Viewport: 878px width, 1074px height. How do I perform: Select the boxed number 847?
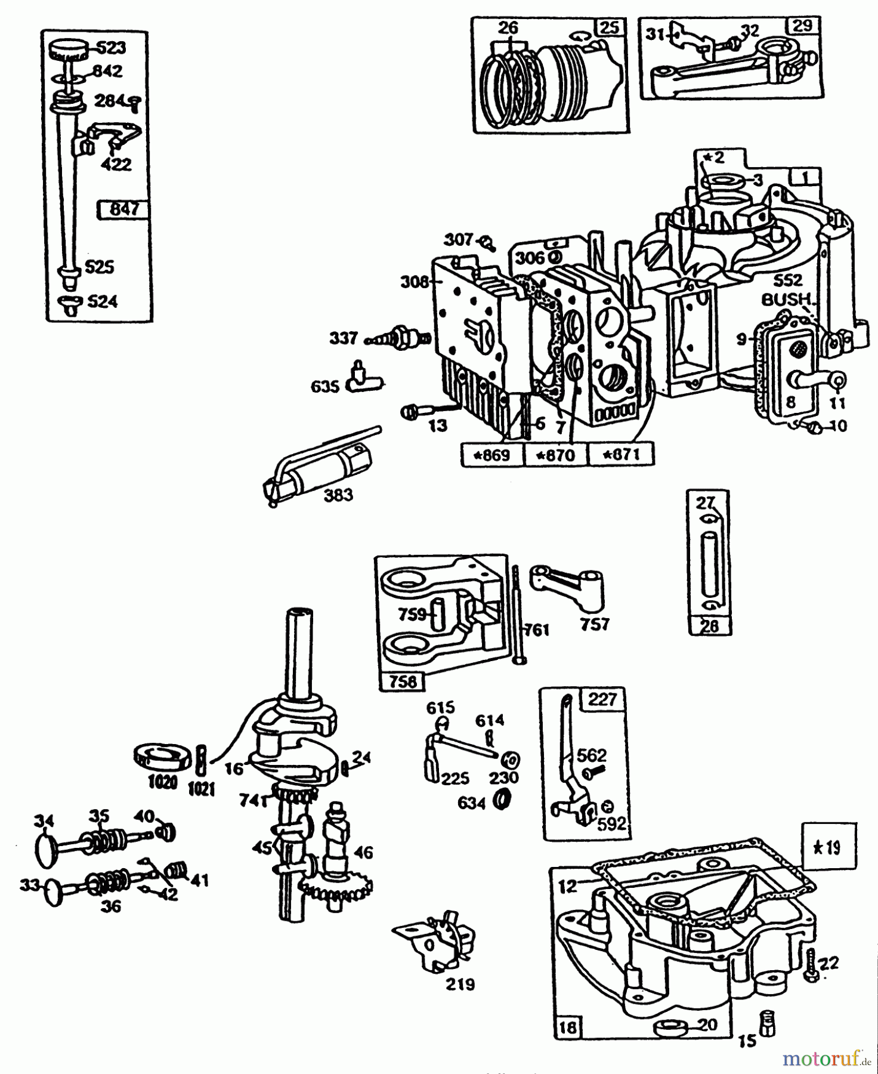coord(124,209)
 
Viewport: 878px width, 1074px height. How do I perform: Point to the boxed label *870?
coord(556,455)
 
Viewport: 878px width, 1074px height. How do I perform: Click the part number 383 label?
coord(338,495)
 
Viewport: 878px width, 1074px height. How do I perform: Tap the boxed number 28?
coord(709,626)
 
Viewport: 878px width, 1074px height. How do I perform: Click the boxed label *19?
coord(829,847)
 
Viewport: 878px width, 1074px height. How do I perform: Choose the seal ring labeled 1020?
coord(159,757)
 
